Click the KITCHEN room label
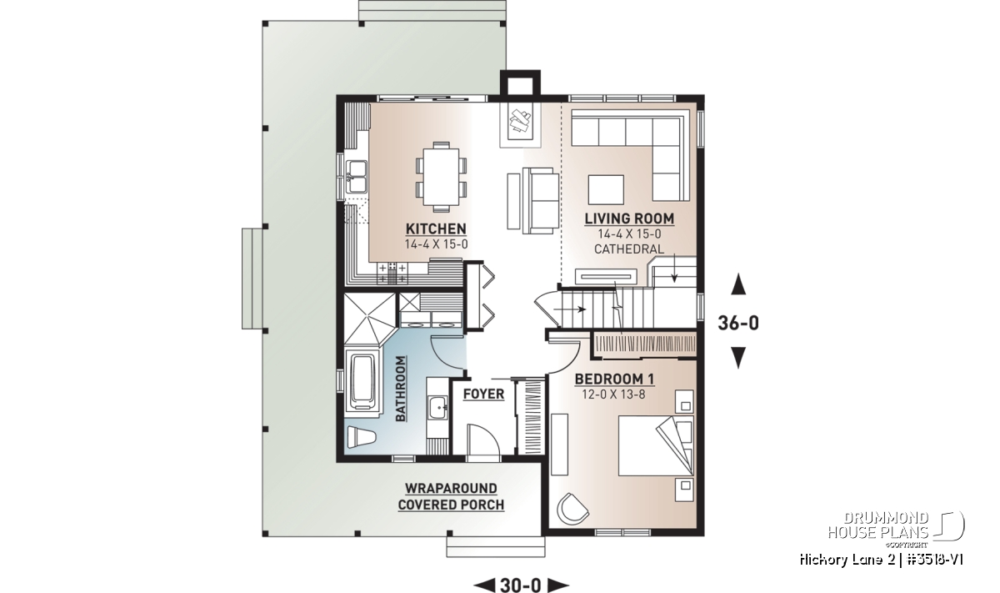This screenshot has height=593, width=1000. (436, 229)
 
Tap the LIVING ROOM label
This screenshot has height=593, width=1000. (629, 219)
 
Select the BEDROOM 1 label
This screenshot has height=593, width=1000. (614, 379)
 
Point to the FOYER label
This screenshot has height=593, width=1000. (483, 394)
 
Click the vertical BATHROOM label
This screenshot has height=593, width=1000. (401, 389)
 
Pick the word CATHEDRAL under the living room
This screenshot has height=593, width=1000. (629, 249)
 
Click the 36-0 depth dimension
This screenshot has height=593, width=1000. (738, 323)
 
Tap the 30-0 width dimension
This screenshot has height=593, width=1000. (521, 585)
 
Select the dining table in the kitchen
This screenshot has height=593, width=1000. (441, 177)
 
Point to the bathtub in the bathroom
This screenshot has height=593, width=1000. (363, 383)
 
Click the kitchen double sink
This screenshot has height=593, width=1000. (357, 177)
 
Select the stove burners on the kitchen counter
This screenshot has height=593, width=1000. (392, 274)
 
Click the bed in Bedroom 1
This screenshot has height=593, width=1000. (656, 445)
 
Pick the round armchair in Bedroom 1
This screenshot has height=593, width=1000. (572, 509)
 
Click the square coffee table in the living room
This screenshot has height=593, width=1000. (606, 190)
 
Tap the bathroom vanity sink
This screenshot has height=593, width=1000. (438, 408)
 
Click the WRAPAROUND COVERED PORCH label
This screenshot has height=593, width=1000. (451, 496)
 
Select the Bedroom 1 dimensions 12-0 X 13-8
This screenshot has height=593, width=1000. (614, 395)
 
